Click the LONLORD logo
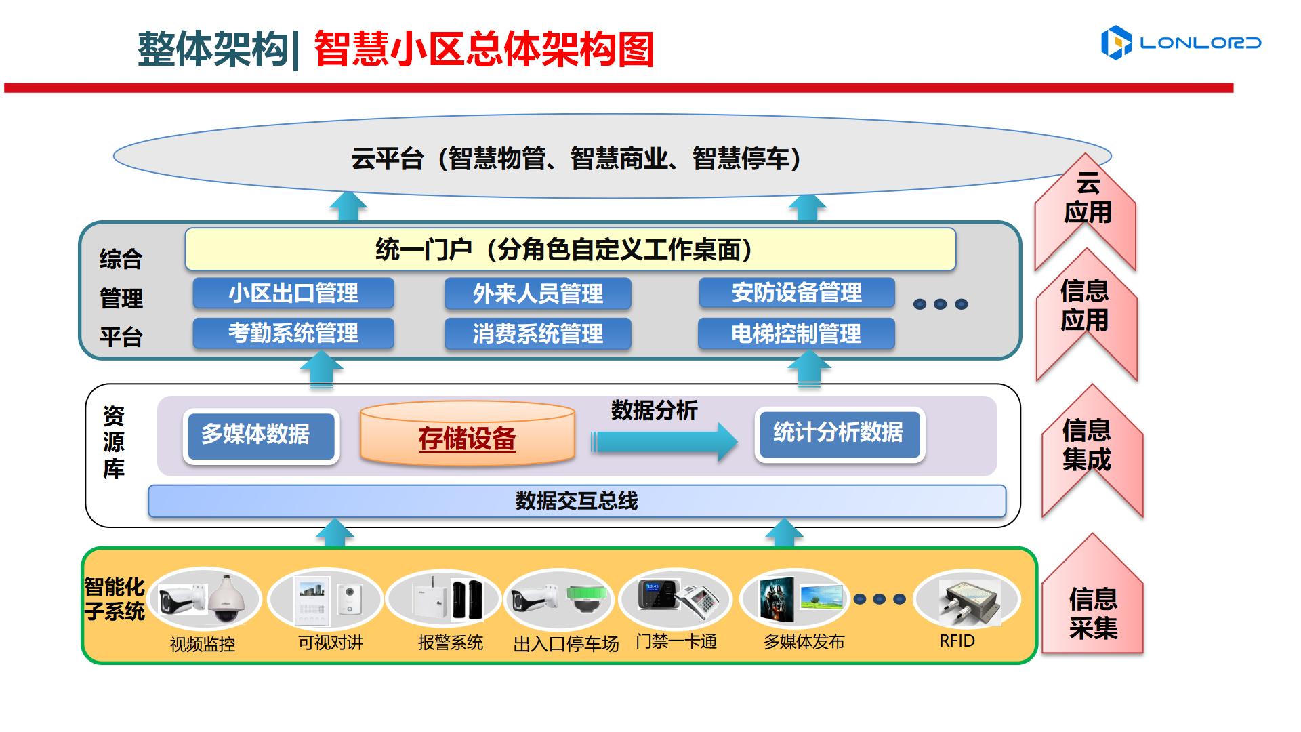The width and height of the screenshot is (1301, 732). pos(1180,43)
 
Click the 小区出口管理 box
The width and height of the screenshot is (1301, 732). pos(293,293)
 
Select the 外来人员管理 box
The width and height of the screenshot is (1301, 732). pos(537,293)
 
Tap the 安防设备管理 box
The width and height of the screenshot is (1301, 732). pos(796,293)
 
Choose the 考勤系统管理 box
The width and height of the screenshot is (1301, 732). pos(293,333)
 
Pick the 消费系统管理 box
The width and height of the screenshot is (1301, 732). pos(537,333)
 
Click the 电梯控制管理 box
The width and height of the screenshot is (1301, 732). pos(796,333)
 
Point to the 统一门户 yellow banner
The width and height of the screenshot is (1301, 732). pos(569,249)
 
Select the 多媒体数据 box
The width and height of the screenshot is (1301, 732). pos(261,435)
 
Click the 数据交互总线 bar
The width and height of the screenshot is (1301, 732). pos(577,502)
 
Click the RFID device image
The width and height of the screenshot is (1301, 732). pos(966,600)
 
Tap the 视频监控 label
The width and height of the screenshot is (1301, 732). pos(202,644)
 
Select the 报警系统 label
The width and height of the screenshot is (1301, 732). pos(450,643)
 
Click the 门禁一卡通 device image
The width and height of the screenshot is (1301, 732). pos(676,599)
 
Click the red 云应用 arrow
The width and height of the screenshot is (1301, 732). pos(1086,203)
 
